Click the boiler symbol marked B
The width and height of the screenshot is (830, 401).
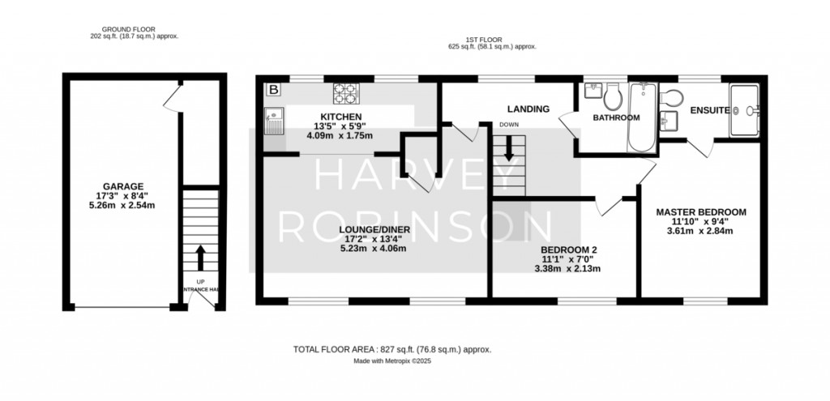(x=274, y=89)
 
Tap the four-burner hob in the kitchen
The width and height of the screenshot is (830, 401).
(x=345, y=94)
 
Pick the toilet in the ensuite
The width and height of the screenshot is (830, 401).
(x=671, y=97)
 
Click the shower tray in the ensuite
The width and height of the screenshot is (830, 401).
(x=744, y=110)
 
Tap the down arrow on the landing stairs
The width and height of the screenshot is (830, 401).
(x=509, y=148)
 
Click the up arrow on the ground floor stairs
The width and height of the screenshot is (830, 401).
(x=201, y=258)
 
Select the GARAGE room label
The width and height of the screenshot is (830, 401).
(x=123, y=186)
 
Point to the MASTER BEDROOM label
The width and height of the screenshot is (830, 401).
(x=701, y=212)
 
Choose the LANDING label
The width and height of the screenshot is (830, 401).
(x=528, y=109)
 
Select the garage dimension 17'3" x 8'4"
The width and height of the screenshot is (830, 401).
(x=123, y=196)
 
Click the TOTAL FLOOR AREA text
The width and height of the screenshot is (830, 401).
(x=392, y=349)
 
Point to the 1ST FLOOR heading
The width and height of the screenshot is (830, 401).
(x=484, y=40)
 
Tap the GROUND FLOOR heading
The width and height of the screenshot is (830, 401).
(x=129, y=30)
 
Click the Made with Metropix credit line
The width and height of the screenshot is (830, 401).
(x=393, y=361)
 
